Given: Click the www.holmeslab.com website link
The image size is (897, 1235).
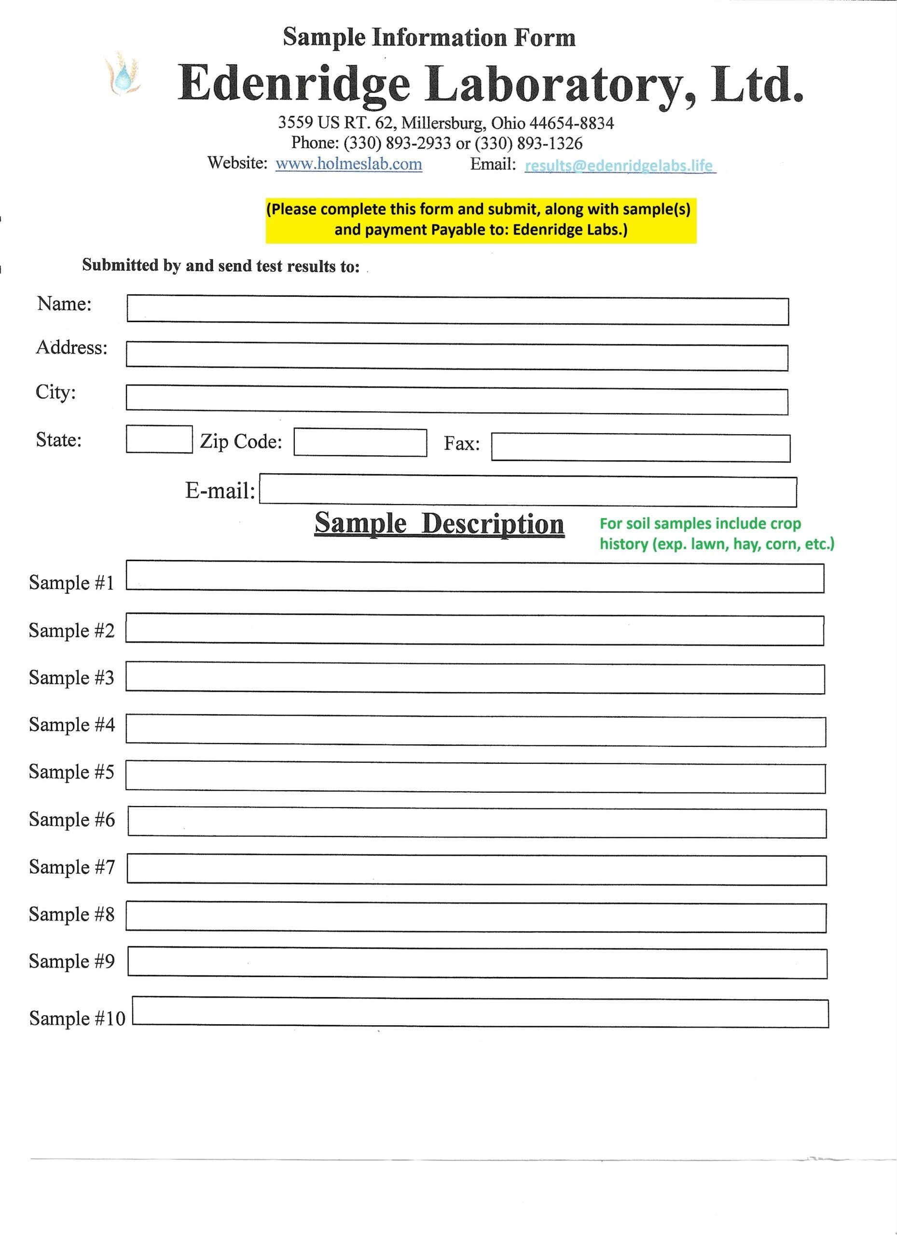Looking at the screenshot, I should point(348,164).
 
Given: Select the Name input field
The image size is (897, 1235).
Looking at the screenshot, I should point(457,310).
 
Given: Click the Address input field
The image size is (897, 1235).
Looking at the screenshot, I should point(456,357).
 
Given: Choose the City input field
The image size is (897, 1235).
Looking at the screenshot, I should point(456,400).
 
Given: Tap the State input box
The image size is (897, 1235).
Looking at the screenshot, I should point(159,439).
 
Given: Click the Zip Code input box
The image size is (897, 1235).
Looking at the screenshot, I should point(360,442).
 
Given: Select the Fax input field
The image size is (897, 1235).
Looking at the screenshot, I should point(640,447).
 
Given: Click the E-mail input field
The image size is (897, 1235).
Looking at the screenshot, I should point(528,491).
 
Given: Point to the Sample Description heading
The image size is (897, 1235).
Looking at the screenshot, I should point(439,524).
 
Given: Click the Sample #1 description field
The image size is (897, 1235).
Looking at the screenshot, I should point(474,576).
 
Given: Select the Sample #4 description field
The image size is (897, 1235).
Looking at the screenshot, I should point(475,730).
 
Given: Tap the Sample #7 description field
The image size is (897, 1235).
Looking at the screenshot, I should point(477,870).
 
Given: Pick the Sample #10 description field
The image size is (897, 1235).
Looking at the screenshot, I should point(481,1012).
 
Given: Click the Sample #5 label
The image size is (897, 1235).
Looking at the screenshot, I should point(71,772).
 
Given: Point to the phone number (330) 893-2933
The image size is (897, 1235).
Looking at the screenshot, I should point(397,143).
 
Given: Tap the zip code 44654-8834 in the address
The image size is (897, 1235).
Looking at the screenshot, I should point(572,123).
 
